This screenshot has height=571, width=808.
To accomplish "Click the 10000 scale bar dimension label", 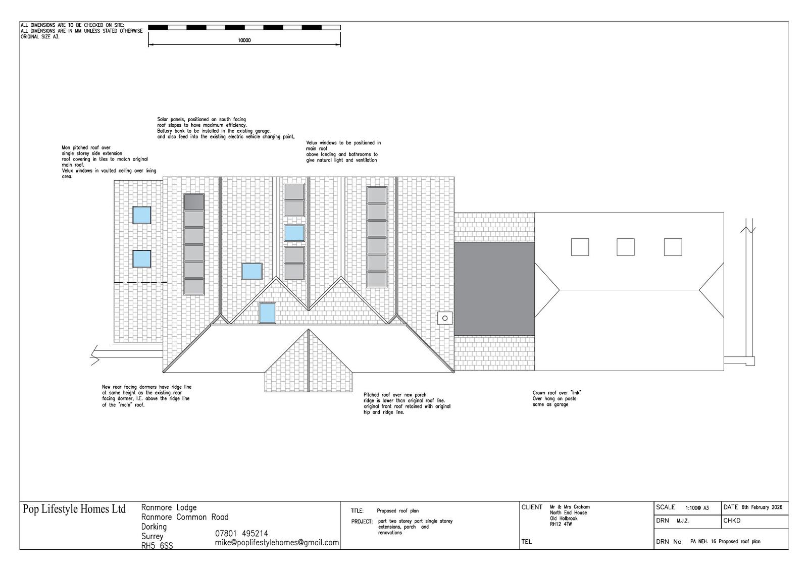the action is coord(244,40).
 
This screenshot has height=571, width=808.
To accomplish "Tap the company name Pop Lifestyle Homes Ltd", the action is coord(74,509).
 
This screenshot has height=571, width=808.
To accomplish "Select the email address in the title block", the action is coord(277,543).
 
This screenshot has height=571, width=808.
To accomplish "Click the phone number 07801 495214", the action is coord(242,534).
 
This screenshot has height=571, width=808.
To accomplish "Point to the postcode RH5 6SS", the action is coord(157,546).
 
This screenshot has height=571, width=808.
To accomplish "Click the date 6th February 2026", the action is coord(762,507).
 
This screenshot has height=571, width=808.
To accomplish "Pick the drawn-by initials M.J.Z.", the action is coord(683,521).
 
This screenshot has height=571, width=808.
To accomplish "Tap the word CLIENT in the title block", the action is coord(532,507).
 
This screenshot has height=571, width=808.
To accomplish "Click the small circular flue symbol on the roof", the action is coord(445,318).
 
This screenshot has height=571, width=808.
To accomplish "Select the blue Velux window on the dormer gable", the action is coord(267,313).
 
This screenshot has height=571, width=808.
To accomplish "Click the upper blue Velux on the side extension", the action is coord(142,215).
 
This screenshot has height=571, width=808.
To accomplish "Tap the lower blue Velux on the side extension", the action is coord(142,259).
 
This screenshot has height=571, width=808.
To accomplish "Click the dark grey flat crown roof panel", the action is coord(494,289).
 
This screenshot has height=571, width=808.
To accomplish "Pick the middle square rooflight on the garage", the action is coord(626,247).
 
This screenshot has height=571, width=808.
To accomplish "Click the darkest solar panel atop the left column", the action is coord(194,202).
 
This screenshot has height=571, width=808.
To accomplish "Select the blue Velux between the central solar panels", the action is coord(294,233).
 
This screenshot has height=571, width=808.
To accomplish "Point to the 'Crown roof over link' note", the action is coord(557,398).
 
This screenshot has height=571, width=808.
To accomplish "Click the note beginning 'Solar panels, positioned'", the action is coord(226,128).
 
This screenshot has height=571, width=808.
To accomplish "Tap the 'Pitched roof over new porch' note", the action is coord(407,403).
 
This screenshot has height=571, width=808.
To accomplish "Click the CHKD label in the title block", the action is coord(732,521).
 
